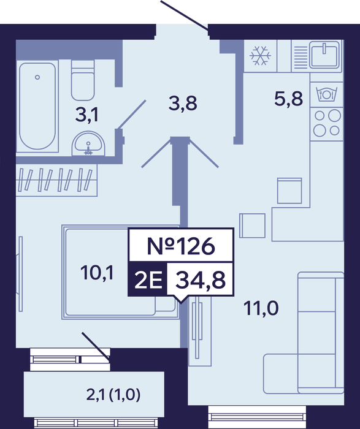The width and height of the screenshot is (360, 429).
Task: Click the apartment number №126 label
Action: coord(181,246)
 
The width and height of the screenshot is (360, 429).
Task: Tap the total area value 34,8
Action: coord(201,280)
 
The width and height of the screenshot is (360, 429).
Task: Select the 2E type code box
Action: coord(148,279)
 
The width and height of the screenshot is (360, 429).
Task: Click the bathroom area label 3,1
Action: coord(87,115)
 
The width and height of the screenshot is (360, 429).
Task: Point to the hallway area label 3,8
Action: coord(183,104)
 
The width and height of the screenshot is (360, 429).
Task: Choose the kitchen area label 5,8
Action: coord(288,99)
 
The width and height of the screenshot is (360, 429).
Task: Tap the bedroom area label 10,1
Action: coord(97,273)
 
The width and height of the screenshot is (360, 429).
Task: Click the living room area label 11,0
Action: coord(261,308)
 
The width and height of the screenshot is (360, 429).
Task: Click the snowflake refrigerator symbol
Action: coord(260,56)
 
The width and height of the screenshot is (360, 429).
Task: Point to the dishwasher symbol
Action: coord(326,94)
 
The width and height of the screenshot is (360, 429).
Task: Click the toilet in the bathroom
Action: coord(83,80)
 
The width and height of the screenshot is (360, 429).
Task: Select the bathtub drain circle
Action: coord(37,77)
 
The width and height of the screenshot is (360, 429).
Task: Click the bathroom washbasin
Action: coord(88,143)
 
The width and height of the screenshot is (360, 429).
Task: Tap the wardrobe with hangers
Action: coord(56,180)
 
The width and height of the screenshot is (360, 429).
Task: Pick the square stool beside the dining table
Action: coord(252,226)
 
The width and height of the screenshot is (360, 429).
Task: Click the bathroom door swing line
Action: coord(131,115)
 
